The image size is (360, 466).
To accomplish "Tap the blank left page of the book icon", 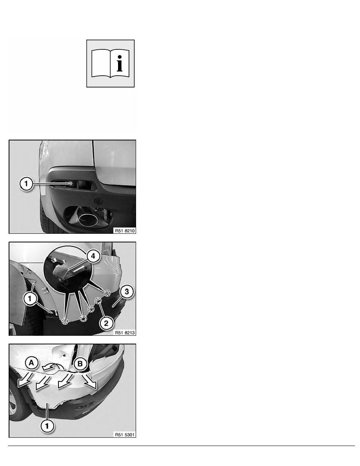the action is click(x=101, y=63).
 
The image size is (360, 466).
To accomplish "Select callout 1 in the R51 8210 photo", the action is click(x=26, y=184).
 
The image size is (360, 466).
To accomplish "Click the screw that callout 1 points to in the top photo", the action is click(x=71, y=184).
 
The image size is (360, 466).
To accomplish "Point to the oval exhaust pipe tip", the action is click(x=88, y=220).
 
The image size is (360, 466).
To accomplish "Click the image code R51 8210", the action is click(x=125, y=231).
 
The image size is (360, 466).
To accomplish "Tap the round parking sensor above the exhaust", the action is click(x=98, y=201).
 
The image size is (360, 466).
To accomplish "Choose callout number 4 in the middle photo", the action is click(x=93, y=256).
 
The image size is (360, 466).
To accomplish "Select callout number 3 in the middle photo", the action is click(x=127, y=291).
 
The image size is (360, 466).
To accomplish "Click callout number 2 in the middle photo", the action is click(x=106, y=323).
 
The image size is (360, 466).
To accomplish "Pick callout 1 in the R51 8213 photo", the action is click(x=30, y=299).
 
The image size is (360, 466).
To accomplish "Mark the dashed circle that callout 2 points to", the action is click(x=98, y=301).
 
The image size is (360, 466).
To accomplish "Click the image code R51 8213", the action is click(x=125, y=333).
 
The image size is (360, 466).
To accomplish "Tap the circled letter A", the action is click(x=32, y=363).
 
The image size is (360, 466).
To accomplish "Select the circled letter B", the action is click(x=80, y=364).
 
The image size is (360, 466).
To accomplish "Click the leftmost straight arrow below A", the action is click(x=25, y=380).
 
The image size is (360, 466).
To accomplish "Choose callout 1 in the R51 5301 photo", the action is click(x=47, y=426).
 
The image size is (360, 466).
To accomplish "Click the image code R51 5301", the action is click(x=125, y=435).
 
